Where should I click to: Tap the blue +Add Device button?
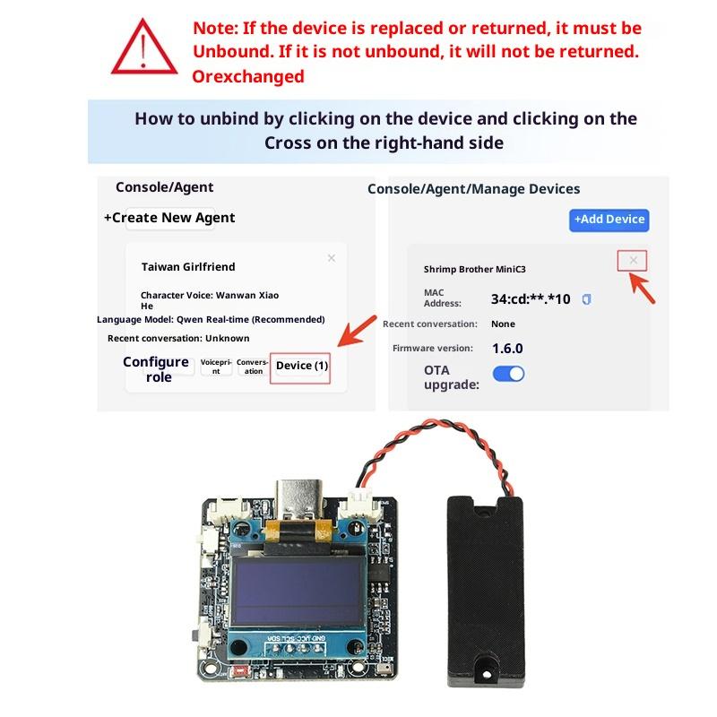[609, 220]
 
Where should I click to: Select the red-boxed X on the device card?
[633, 260]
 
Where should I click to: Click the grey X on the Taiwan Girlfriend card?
[332, 258]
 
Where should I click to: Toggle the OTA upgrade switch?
[508, 374]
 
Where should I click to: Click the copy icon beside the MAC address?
[587, 299]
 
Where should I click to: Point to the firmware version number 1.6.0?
[507, 349]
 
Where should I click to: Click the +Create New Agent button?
[169, 218]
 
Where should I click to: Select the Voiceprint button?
[216, 367]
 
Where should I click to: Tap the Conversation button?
[253, 367]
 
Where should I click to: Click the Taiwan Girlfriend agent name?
[188, 266]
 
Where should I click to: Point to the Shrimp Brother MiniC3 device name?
[475, 270]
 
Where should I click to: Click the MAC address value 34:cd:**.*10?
[531, 299]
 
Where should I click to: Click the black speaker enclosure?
[485, 592]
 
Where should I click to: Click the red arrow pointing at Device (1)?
[357, 331]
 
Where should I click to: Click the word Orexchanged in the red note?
[248, 76]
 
